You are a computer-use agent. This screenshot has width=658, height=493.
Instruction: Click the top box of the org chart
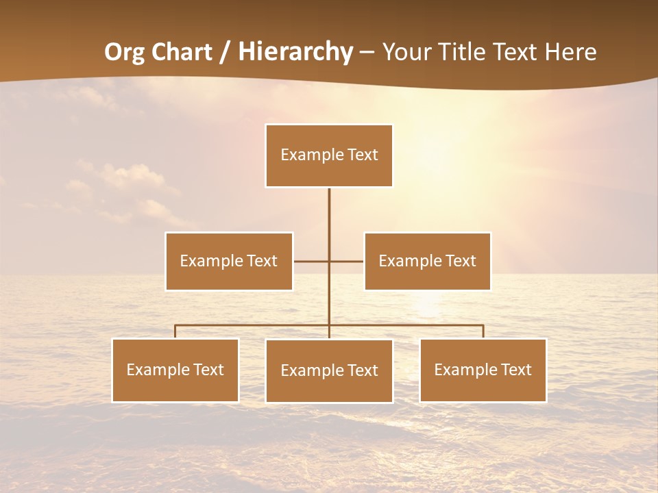329,155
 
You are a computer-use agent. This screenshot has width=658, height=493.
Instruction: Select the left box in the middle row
229,261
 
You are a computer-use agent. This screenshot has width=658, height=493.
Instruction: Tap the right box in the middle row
427,261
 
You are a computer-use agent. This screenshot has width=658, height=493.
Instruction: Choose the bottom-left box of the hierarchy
175,370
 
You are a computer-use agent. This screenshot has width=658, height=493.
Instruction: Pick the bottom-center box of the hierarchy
329,370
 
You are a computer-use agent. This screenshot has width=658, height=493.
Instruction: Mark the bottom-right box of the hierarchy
483,370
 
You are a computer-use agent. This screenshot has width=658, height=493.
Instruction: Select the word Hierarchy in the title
295,52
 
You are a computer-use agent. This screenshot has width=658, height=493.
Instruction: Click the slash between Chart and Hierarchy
223,52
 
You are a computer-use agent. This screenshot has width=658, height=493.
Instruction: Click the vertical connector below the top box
329,219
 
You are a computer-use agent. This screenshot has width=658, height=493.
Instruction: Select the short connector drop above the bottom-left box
175,331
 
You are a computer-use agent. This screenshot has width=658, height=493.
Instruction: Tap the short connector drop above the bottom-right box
483,331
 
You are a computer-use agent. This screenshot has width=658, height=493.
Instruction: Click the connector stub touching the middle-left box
308,261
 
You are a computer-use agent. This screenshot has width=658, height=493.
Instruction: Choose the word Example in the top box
306,155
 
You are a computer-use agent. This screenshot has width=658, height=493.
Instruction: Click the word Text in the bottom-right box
515,370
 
